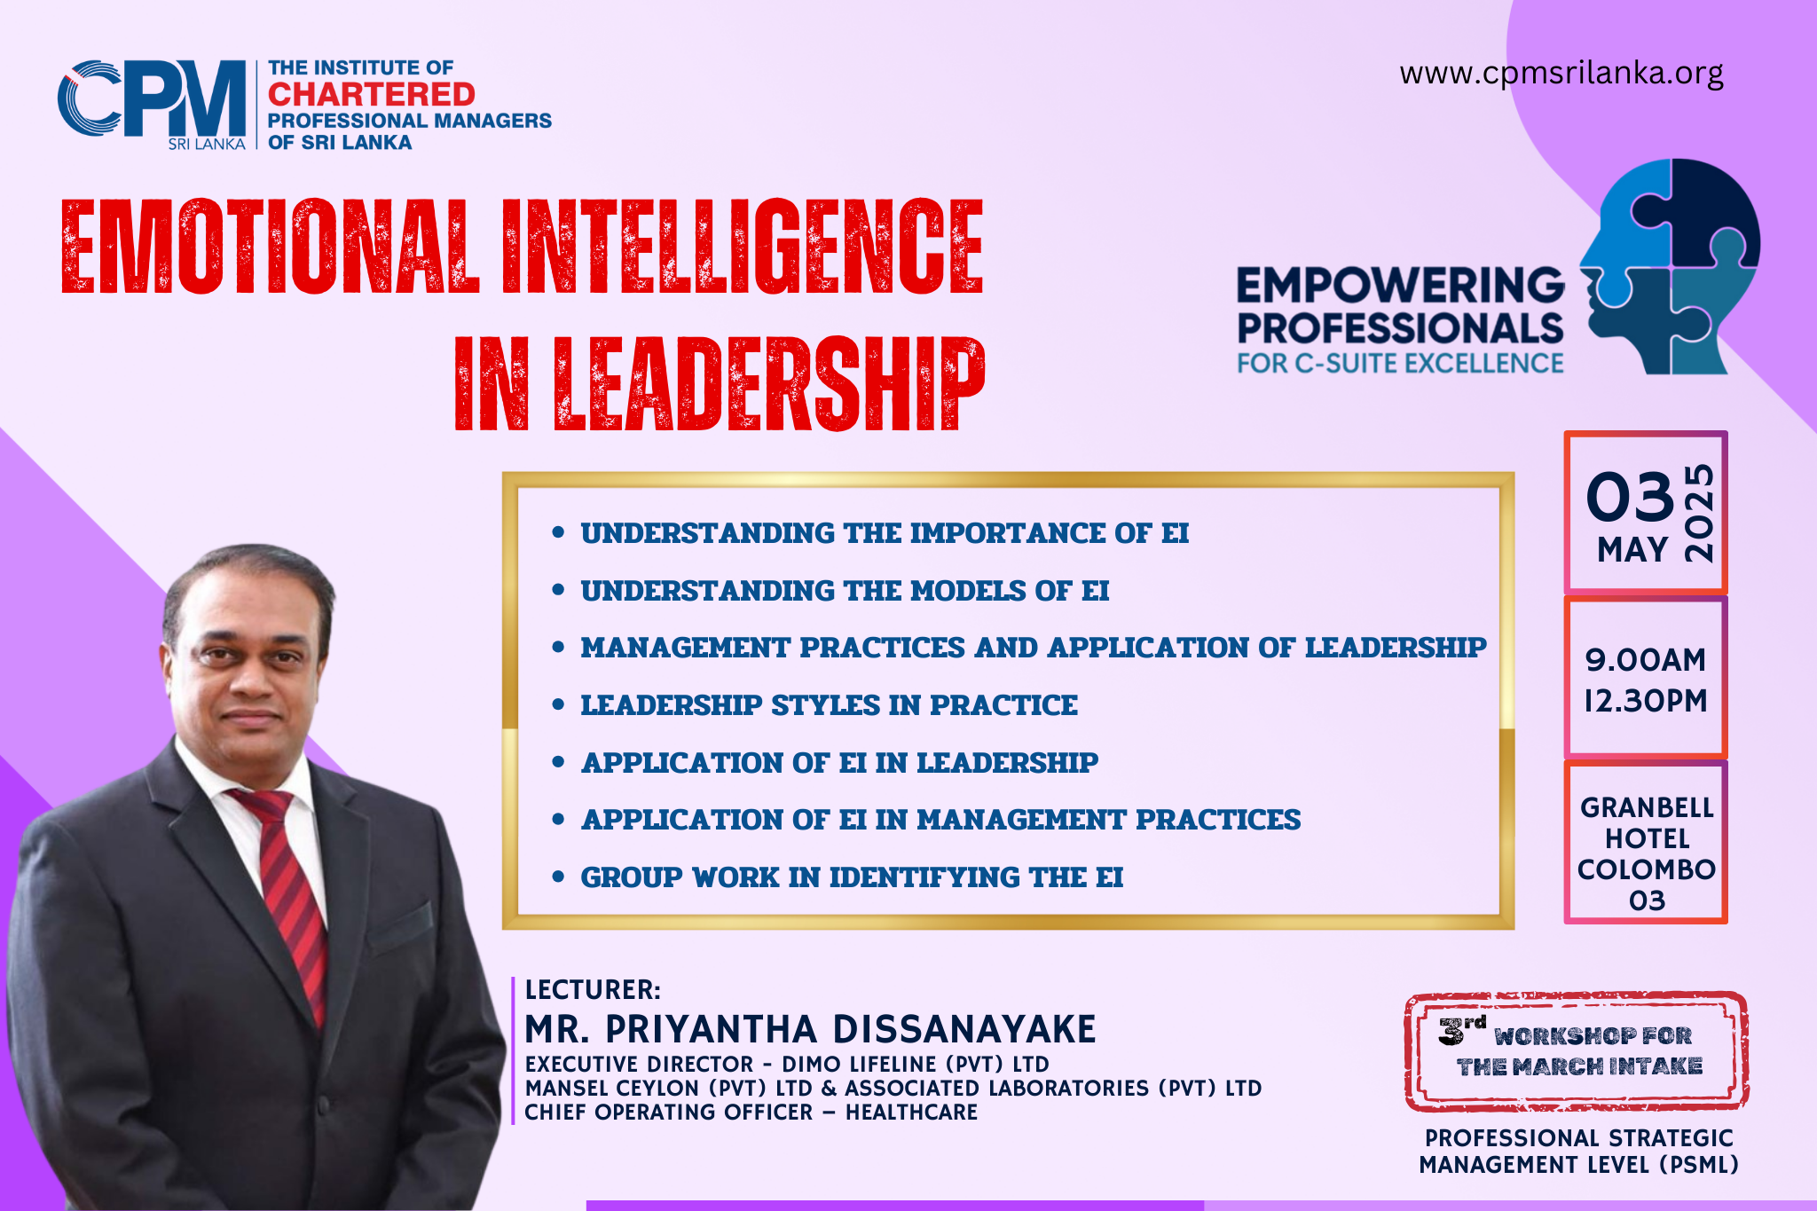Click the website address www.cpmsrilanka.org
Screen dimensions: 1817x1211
pos(1561,74)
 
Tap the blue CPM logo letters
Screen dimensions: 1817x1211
pos(152,98)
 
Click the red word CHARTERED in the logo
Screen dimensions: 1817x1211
pos(372,94)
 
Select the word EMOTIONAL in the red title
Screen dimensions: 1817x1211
pos(271,247)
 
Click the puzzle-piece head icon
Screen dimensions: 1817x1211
pos(1669,266)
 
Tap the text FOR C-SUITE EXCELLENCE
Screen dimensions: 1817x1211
pos(1400,364)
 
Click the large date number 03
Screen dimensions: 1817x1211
pos(1630,497)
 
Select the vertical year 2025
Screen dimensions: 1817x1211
pos(1699,513)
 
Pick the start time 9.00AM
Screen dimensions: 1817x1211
pos(1646,660)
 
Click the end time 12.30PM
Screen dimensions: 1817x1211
pos(1646,701)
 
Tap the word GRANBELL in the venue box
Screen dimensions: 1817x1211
pos(1647,807)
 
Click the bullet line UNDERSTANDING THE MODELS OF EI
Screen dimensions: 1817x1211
pos(845,591)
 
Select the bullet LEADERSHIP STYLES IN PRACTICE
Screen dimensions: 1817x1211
pos(829,705)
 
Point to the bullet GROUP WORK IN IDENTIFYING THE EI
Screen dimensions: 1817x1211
pos(852,877)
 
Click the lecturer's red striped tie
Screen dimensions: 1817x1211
pos(286,896)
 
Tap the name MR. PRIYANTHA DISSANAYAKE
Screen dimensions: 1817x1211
pos(810,1030)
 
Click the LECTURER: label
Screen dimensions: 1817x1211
pos(593,990)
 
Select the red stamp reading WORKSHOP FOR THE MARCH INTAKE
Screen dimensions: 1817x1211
pos(1577,1051)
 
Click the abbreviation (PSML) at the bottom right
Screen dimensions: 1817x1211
pos(1699,1165)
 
